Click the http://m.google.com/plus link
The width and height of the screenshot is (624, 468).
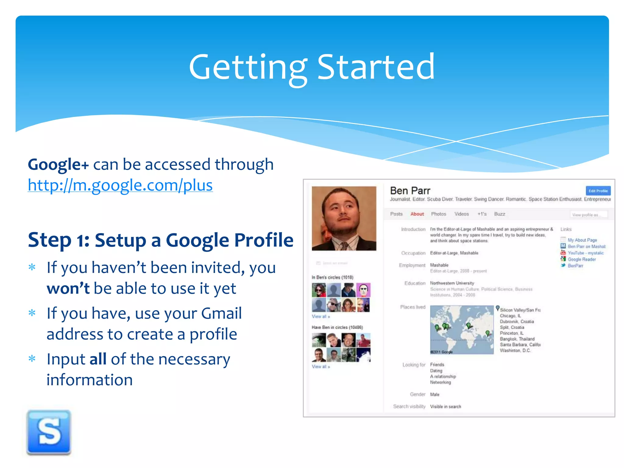pos(120,185)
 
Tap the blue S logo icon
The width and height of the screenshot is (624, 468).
pos(49,432)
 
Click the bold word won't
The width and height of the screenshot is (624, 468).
pos(68,288)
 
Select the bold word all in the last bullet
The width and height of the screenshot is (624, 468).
pos(98,359)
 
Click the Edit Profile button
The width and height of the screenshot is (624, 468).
pos(598,191)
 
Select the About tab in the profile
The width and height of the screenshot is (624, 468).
pos(417,214)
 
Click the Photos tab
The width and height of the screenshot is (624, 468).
pos(438,214)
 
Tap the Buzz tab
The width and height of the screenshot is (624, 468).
pos(499,214)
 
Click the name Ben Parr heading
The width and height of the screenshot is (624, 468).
pos(410,191)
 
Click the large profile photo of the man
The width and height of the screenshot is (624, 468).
pos(344,218)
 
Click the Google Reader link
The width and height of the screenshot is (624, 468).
pos(581,259)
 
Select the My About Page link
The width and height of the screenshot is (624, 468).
pos(582,240)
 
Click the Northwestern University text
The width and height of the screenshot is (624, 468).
pos(452,283)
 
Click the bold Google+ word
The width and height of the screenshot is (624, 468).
pos(58,165)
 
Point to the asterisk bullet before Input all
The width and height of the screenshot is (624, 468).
pos(32,359)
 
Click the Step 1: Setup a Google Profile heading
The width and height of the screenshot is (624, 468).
pos(161,240)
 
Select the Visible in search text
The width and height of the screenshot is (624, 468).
pos(445,406)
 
